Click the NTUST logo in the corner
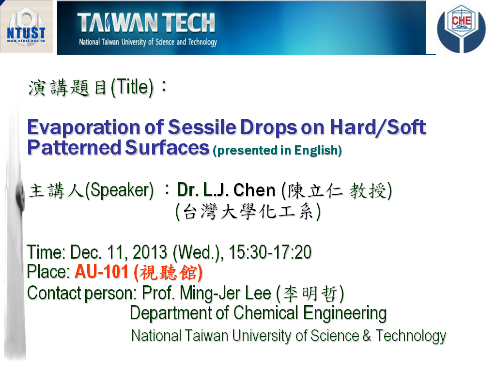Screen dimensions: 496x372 click(26, 27)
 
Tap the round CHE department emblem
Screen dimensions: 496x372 click(461, 29)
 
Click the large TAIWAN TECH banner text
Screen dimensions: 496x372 click(146, 23)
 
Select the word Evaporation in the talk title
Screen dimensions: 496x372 click(84, 127)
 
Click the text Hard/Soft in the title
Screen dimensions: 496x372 click(378, 127)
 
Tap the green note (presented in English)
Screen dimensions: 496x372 click(278, 151)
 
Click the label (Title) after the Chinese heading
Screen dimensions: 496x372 click(132, 87)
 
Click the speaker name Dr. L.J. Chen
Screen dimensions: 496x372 click(226, 190)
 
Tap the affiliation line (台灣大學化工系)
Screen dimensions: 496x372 click(248, 212)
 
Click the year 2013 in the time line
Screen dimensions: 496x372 click(150, 252)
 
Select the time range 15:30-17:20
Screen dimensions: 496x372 click(270, 252)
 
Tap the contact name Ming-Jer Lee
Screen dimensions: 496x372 click(225, 294)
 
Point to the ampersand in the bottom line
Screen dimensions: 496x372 click(367, 336)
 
